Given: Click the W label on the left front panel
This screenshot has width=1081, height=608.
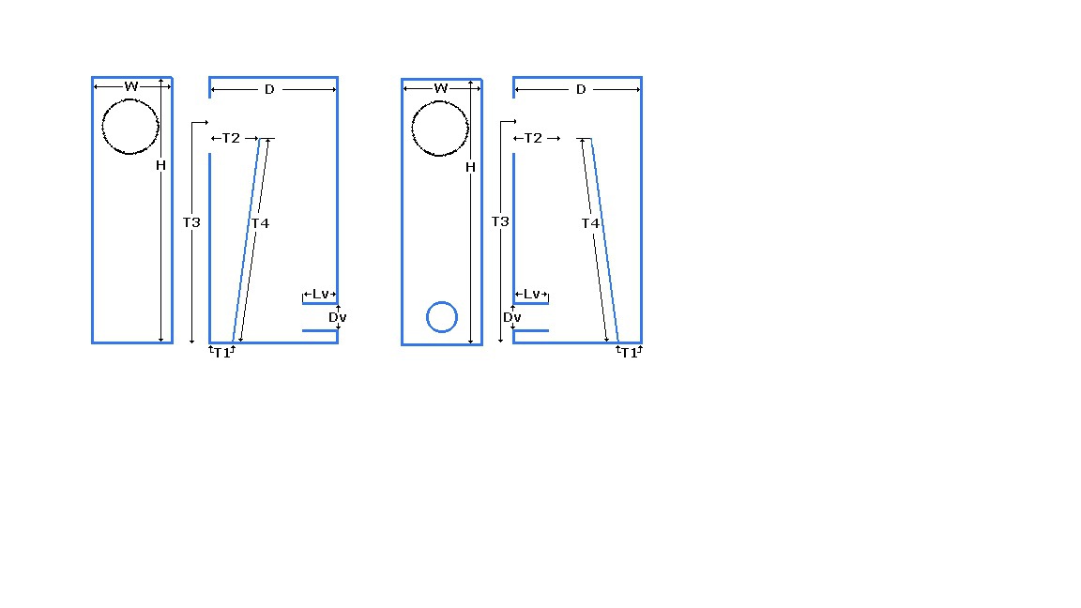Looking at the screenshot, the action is point(131,86).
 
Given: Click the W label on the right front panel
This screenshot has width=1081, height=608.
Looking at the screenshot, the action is point(441,88).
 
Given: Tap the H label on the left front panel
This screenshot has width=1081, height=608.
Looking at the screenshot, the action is point(160,165).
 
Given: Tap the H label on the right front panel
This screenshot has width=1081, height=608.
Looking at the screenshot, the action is point(470,167).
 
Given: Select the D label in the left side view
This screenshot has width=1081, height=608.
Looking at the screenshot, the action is point(269,90).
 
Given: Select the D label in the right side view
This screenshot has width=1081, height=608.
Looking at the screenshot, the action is point(581,90).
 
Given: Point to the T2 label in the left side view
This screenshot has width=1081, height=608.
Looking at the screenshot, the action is point(231,138).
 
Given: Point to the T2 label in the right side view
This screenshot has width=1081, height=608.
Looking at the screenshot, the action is point(533,138).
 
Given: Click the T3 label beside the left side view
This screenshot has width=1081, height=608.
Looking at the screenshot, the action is point(191,222).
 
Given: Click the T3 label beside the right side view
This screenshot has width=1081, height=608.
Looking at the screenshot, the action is point(500,221).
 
